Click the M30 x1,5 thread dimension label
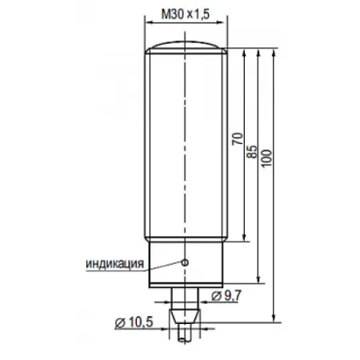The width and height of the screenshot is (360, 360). point(186,14)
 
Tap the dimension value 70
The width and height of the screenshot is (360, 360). point(238,138)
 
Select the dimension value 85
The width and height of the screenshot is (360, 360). point(252,152)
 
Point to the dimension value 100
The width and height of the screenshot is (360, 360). point(266,158)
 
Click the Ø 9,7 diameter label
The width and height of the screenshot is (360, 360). point(226,295)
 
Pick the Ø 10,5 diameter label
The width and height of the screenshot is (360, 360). point(134,322)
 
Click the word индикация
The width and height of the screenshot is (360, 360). point(115,263)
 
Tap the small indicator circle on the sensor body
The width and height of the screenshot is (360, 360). point(185,262)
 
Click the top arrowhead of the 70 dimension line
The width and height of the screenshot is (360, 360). point(243,53)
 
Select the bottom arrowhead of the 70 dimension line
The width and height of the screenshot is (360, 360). point(243,238)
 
